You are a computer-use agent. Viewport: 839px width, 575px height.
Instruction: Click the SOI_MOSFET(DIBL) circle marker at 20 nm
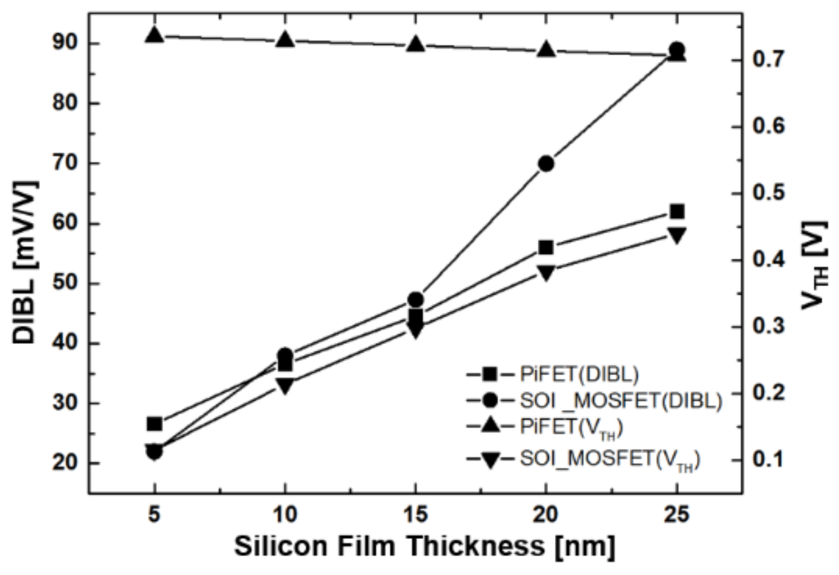pyautogui.click(x=546, y=164)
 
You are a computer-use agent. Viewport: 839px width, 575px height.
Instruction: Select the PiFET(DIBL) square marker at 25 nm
pyautogui.click(x=677, y=212)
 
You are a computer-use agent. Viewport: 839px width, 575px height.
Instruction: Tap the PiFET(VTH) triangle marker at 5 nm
pyautogui.click(x=155, y=35)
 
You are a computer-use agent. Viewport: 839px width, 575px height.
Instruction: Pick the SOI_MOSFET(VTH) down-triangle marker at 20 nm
pyautogui.click(x=546, y=272)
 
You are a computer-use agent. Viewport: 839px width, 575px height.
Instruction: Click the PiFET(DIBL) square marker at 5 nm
pyautogui.click(x=155, y=424)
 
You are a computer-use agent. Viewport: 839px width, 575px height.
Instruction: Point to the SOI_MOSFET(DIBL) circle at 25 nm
pyautogui.click(x=677, y=50)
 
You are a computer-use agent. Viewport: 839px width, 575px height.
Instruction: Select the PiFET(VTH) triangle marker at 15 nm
pyautogui.click(x=416, y=45)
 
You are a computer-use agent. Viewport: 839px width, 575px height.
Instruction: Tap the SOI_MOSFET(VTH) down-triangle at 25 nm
pyautogui.click(x=677, y=235)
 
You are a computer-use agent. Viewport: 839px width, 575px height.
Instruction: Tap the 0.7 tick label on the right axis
pyautogui.click(x=768, y=60)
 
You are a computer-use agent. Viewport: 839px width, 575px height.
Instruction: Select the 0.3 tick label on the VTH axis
pyautogui.click(x=768, y=327)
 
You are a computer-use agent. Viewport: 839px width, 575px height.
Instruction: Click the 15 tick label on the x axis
pyautogui.click(x=416, y=515)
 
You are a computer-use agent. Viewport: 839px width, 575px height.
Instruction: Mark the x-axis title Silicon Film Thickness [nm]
pyautogui.click(x=424, y=546)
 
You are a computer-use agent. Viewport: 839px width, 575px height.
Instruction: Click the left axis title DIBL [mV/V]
pyautogui.click(x=25, y=263)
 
